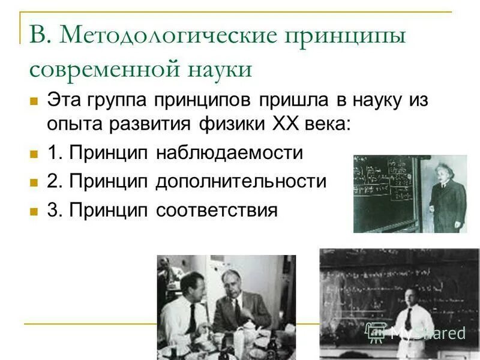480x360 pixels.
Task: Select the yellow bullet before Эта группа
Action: pyautogui.click(x=34, y=100)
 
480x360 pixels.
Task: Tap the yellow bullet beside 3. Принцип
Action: pyautogui.click(x=34, y=211)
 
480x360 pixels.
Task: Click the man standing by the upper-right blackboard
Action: pyautogui.click(x=447, y=195)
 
